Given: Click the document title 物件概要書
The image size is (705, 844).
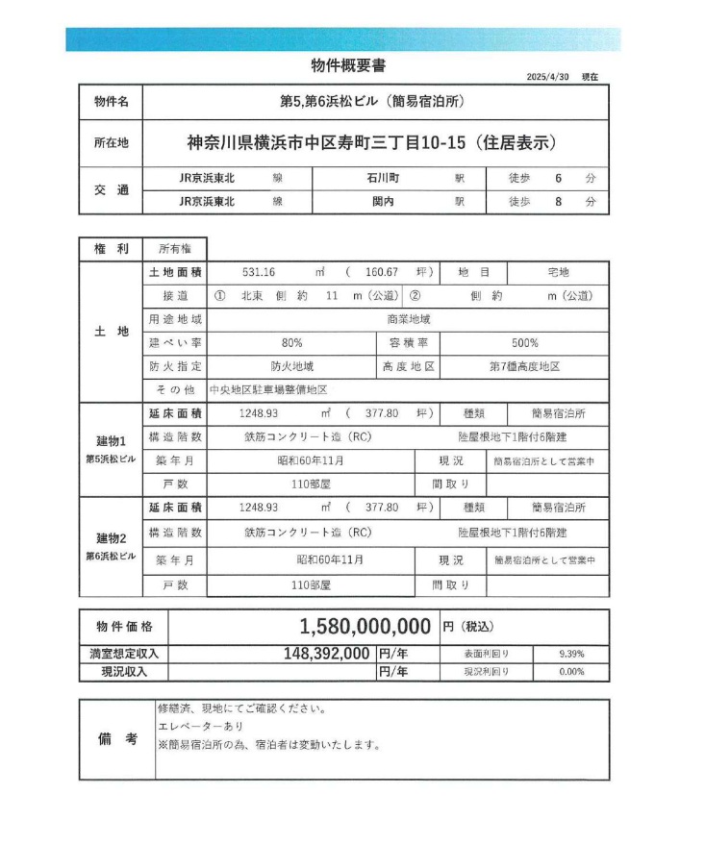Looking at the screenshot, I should pyautogui.click(x=349, y=65).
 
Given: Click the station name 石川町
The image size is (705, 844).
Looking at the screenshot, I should pyautogui.click(x=382, y=178).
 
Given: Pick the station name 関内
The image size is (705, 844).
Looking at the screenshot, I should pyautogui.click(x=382, y=202).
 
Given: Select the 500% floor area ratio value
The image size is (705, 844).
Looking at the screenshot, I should pyautogui.click(x=525, y=343).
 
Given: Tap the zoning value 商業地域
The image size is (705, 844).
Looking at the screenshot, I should pyautogui.click(x=408, y=319).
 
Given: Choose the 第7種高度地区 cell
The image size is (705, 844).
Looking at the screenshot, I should pyautogui.click(x=524, y=366).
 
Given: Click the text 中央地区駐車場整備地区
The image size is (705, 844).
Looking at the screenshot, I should pyautogui.click(x=268, y=390).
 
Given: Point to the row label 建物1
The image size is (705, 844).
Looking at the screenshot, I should pyautogui.click(x=111, y=440).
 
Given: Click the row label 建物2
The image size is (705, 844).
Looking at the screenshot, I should pyautogui.click(x=111, y=536).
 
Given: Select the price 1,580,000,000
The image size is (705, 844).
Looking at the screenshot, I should pyautogui.click(x=365, y=627).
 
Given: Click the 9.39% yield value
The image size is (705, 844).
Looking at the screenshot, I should pyautogui.click(x=571, y=654).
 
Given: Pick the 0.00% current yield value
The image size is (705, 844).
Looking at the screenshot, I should pyautogui.click(x=571, y=672).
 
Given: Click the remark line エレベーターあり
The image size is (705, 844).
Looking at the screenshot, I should pyautogui.click(x=201, y=727).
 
